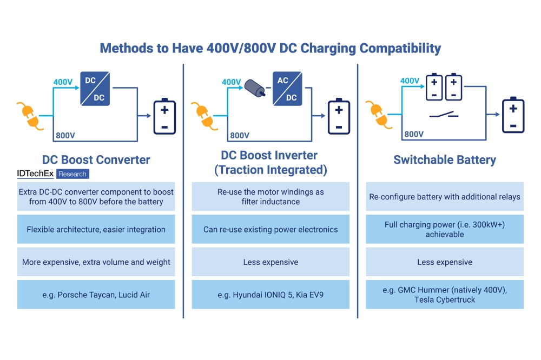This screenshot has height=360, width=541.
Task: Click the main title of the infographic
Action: point(270,48)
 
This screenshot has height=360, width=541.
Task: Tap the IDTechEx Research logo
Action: point(52,174)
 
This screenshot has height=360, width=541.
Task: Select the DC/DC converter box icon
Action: point(96,89)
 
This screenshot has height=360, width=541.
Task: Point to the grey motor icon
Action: point(254,88)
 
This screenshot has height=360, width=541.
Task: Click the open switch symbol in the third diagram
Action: point(444,115)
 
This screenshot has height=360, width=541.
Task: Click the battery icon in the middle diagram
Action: point(339,116)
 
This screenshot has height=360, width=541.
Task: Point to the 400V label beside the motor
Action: point(232,82)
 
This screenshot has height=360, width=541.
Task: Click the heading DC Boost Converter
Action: point(96,159)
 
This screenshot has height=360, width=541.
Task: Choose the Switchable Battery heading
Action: point(444,160)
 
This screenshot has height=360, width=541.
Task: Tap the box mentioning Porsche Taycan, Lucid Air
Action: point(96,295)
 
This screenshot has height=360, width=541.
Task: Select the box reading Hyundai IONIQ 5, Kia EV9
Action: point(270,295)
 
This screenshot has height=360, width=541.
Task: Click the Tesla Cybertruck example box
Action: point(444,295)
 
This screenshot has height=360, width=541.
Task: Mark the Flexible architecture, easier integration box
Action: point(96,229)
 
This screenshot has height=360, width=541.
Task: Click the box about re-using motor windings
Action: point(270,197)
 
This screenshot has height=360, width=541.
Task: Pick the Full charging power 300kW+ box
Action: point(444,229)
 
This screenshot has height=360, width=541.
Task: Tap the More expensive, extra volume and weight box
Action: point(96,262)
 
